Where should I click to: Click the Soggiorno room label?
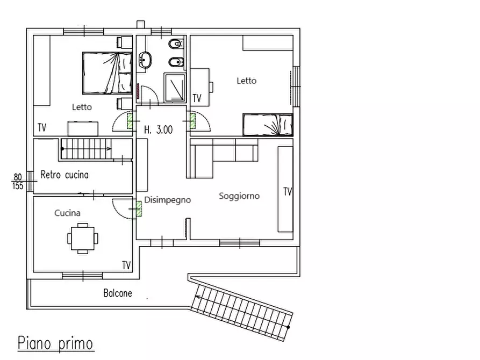[239, 196]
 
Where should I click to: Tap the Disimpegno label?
[167, 200]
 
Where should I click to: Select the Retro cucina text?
[65, 175]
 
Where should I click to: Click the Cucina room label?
[67, 213]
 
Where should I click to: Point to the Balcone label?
[117, 293]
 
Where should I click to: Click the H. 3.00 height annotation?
[159, 129]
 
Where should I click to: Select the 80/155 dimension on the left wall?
[17, 181]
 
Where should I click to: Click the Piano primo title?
[55, 343]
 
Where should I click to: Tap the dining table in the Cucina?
[83, 236]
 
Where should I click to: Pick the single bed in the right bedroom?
[268, 125]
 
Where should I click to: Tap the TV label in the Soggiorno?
[288, 191]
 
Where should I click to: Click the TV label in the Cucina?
[126, 265]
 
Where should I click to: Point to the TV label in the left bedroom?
[42, 128]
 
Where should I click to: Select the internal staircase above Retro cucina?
[86, 148]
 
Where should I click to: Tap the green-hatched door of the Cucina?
[139, 209]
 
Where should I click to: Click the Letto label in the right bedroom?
[247, 81]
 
